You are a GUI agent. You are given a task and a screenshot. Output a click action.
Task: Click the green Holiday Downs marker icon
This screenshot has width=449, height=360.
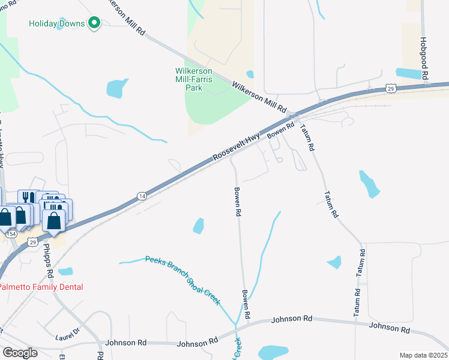click(94, 23)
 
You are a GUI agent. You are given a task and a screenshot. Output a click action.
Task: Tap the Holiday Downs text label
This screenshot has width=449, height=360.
click(58, 24)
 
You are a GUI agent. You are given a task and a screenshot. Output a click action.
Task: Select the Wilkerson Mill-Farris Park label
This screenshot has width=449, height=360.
click(193, 79)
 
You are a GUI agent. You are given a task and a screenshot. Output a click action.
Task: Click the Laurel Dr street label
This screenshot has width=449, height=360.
click(67, 333)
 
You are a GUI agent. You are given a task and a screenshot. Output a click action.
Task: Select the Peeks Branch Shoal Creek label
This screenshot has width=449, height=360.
click(183, 279)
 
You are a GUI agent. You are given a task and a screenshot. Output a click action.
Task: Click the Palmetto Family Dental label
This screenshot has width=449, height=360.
click(41, 287)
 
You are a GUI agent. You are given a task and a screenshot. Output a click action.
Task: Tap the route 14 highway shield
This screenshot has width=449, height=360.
click(142, 196)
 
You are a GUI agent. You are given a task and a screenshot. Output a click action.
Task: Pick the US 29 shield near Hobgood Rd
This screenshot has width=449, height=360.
click(391, 89)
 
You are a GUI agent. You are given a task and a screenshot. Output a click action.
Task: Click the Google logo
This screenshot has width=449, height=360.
click(19, 353)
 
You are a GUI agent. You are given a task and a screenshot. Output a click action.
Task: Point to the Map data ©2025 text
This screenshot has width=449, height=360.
click(424, 355)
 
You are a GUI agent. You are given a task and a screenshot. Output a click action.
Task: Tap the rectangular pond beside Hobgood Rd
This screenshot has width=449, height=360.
click(409, 74)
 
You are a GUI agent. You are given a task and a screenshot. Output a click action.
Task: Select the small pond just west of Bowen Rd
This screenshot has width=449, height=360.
click(197, 226)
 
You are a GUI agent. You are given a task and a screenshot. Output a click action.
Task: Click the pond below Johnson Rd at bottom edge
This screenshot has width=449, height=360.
click(274, 352)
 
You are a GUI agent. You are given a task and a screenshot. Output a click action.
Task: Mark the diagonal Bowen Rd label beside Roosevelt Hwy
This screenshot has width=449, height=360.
click(281, 130)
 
